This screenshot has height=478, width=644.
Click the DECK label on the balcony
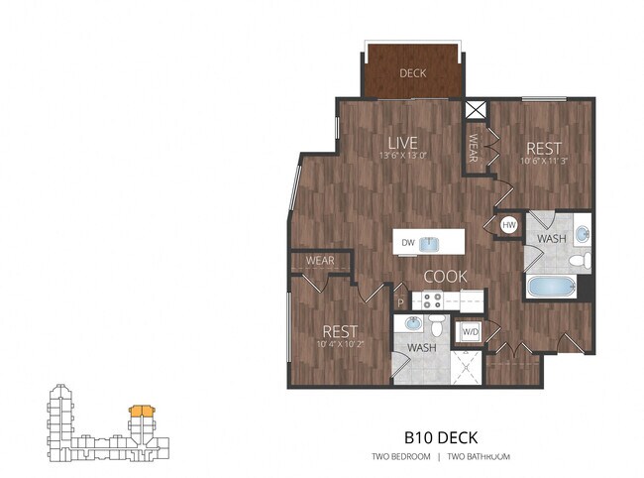pos(413,73)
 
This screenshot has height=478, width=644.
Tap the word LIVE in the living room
pos(401,142)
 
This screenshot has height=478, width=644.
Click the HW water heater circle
pos(509,225)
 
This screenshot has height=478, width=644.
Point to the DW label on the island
pos(406,242)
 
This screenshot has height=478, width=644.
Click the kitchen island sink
pos(431,243)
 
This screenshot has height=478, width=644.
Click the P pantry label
pos(401,302)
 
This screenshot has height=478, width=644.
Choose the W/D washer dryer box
pos(468,330)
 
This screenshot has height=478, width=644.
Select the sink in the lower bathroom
pos(411,325)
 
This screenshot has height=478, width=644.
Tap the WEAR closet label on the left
pos(319,261)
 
